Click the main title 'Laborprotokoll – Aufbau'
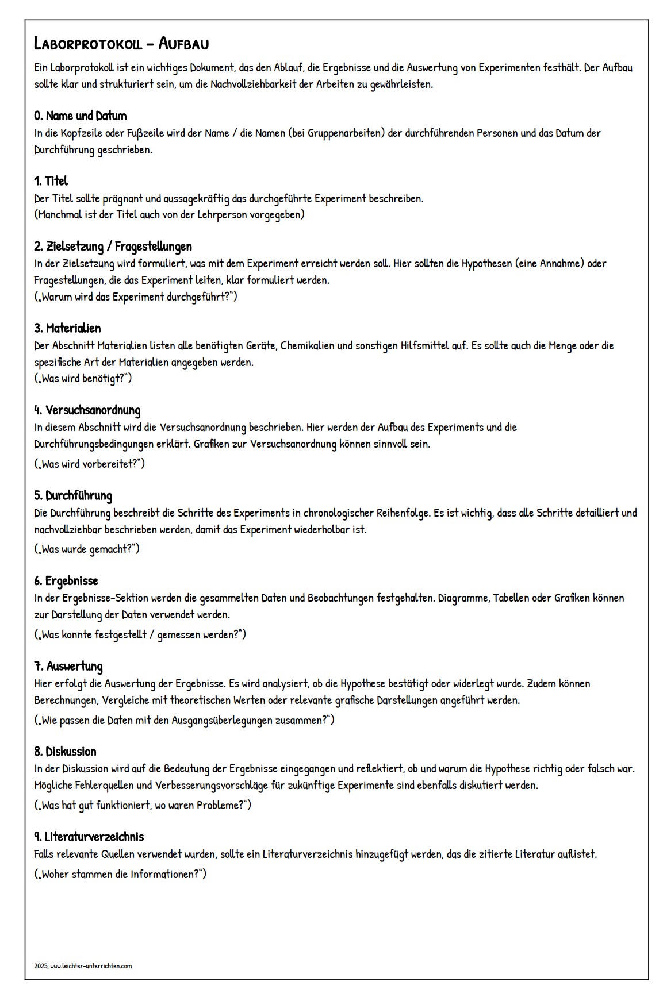[x=121, y=44]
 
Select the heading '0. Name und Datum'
[x=80, y=116]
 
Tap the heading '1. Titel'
[x=51, y=181]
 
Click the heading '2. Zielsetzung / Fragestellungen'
[x=113, y=247]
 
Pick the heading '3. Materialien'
[x=67, y=328]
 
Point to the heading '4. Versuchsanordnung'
[x=87, y=410]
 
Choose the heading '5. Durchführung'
[x=72, y=495]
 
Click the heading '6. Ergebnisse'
[x=66, y=581]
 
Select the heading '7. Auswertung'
[x=68, y=667]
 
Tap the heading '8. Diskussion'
[x=65, y=752]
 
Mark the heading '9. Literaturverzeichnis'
[x=89, y=837]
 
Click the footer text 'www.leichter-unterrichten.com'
[x=91, y=966]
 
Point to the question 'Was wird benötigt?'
[x=83, y=378]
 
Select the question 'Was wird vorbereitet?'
[x=89, y=463]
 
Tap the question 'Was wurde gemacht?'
[x=87, y=549]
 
